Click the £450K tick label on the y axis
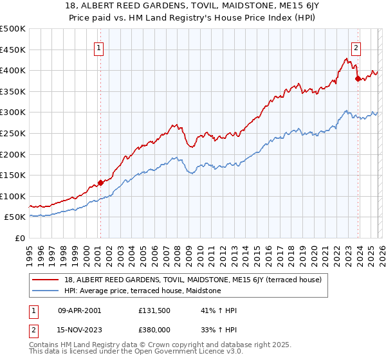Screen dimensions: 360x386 pyautogui.click(x=13, y=50)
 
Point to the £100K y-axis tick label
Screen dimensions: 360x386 pyautogui.click(x=13, y=196)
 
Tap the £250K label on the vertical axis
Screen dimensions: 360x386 pyautogui.click(x=13, y=133)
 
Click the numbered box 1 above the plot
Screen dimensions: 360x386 pyautogui.click(x=100, y=47)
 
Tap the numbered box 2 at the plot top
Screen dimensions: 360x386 pyautogui.click(x=356, y=47)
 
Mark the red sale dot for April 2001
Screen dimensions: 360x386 pyautogui.click(x=100, y=183)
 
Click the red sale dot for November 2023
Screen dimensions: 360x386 pyautogui.click(x=358, y=78)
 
